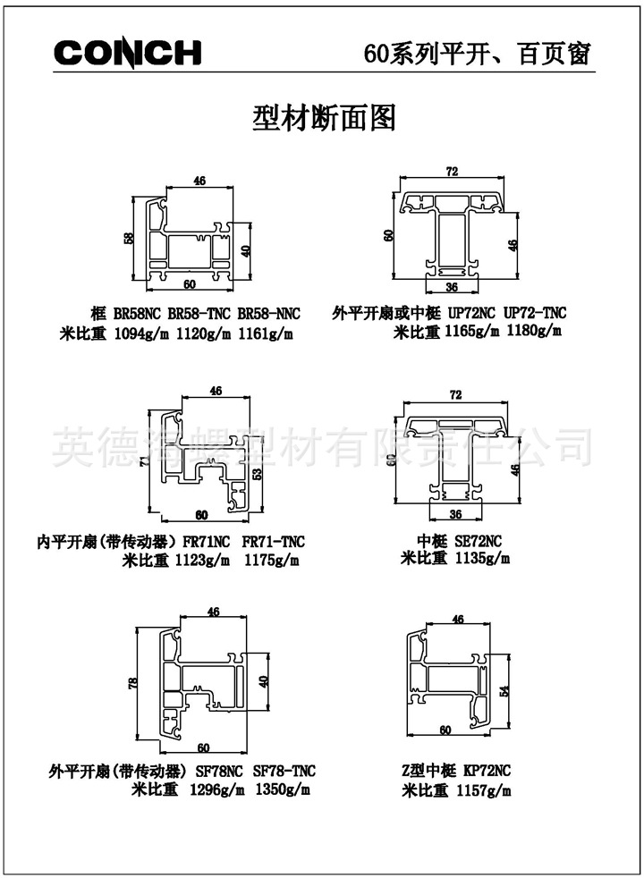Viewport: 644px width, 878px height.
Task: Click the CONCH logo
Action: coord(127,53)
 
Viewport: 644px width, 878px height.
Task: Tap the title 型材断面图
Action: coord(324,118)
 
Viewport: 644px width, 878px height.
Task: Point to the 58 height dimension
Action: coord(129,239)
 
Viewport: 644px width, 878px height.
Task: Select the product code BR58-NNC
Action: coord(268,314)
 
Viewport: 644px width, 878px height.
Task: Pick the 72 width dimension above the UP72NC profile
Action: coord(453,171)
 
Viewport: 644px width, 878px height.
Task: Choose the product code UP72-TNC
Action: coord(536,314)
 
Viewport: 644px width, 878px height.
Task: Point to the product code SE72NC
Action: coord(472,541)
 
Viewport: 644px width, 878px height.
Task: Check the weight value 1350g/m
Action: coord(283,790)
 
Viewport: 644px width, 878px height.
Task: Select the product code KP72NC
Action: coord(487,771)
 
